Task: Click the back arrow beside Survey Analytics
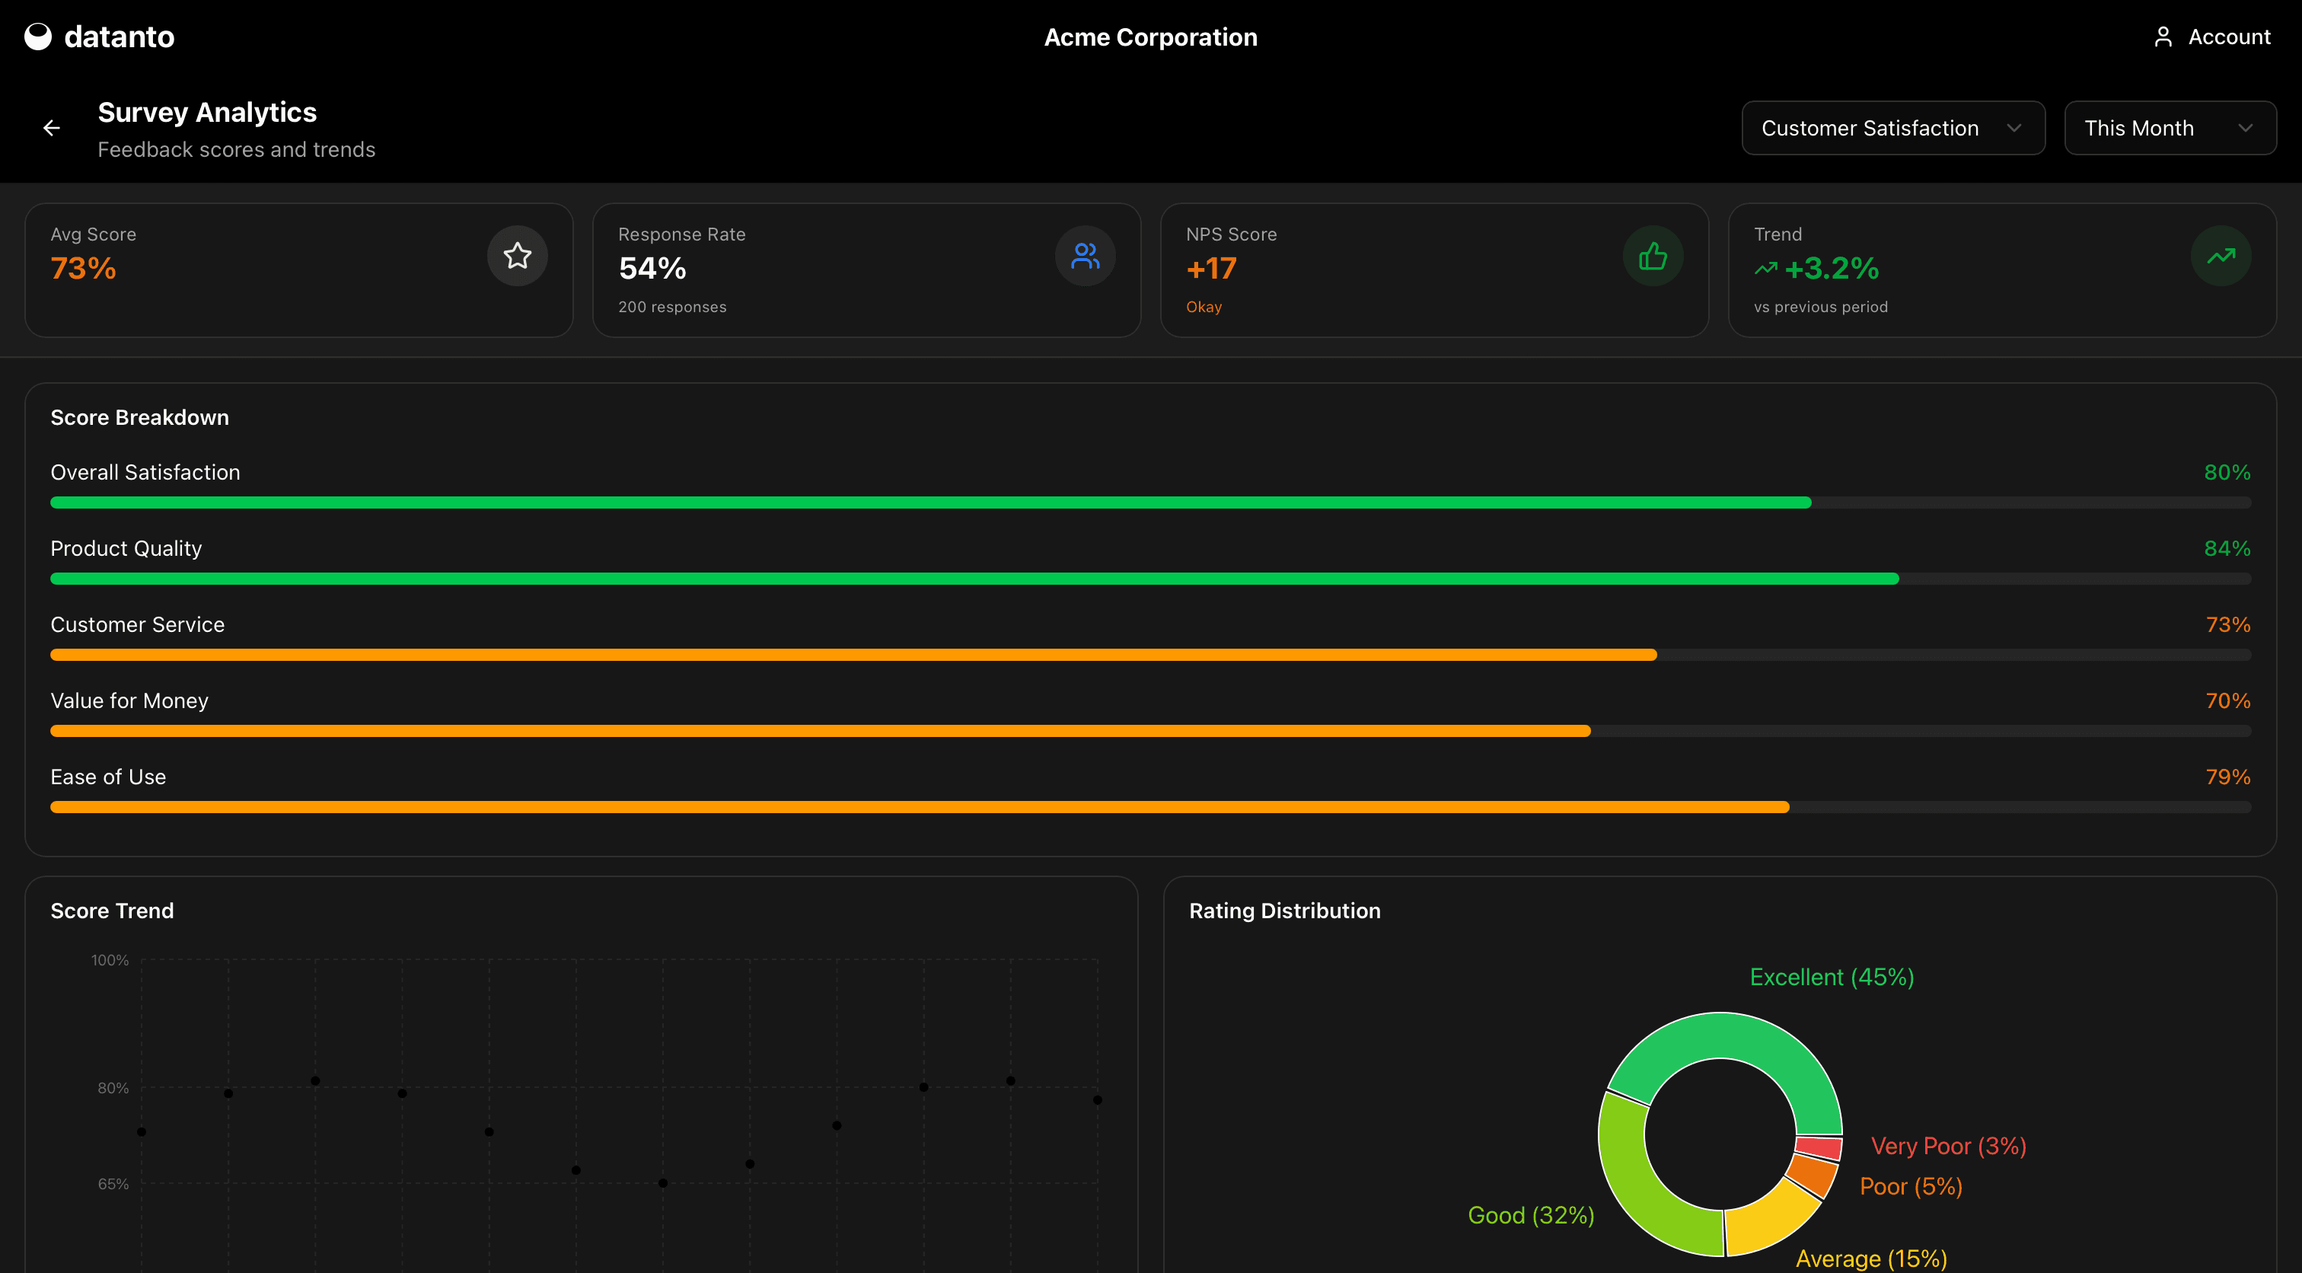pos(52,129)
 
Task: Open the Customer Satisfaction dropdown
pos(1892,129)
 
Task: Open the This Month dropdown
pos(2169,129)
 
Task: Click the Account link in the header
pos(2213,37)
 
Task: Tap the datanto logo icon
pos(37,37)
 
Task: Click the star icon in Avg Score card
pos(518,257)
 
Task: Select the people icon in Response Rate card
pos(1085,257)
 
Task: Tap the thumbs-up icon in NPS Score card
pos(1653,257)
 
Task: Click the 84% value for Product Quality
pos(2226,549)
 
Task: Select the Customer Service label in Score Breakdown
pos(138,625)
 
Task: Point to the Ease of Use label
pos(108,777)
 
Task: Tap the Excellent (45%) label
pos(1831,977)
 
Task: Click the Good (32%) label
pos(1531,1215)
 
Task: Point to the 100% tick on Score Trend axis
pos(110,960)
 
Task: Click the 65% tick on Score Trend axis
pos(113,1184)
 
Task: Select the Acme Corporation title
pos(1150,37)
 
